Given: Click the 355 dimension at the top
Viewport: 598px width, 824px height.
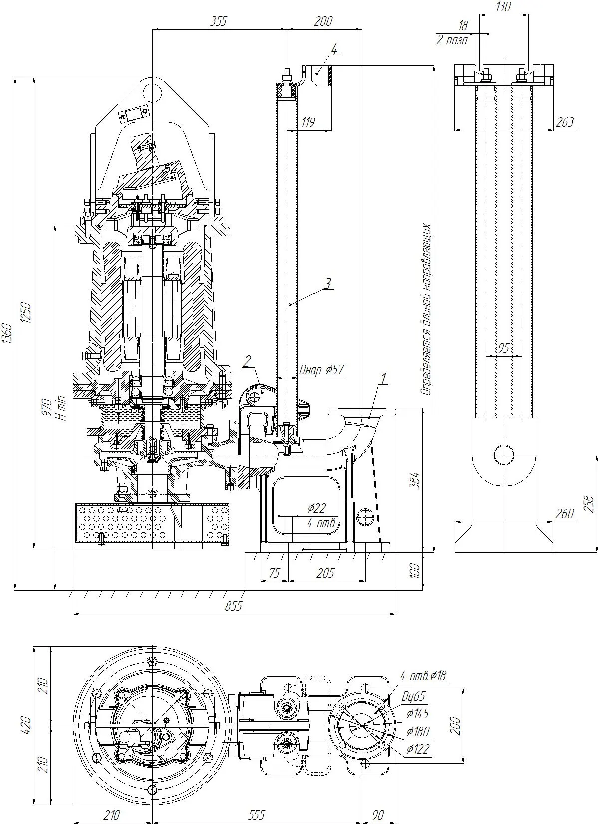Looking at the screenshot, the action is click(x=218, y=21).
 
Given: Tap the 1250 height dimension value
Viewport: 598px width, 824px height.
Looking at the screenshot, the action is click(x=26, y=313).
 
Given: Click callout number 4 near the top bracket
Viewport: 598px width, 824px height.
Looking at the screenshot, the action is click(x=333, y=49).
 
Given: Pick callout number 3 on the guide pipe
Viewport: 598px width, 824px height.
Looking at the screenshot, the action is click(x=327, y=283).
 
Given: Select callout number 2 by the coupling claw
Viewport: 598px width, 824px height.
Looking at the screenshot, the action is click(x=247, y=361).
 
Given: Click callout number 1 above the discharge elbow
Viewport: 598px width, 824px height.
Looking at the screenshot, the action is click(x=384, y=379).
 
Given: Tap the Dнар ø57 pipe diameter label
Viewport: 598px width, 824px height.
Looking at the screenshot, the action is click(x=322, y=369).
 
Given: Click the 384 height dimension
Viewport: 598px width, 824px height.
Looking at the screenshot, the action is click(x=415, y=480).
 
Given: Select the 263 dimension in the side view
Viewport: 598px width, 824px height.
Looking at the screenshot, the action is click(x=565, y=122).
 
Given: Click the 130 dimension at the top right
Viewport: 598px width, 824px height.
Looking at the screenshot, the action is click(x=503, y=7).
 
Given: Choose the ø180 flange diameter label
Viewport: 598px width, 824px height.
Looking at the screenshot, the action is click(x=418, y=731).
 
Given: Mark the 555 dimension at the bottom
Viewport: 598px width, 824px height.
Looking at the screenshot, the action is click(x=256, y=815).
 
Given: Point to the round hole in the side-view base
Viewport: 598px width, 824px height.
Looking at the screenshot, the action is click(x=503, y=455).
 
